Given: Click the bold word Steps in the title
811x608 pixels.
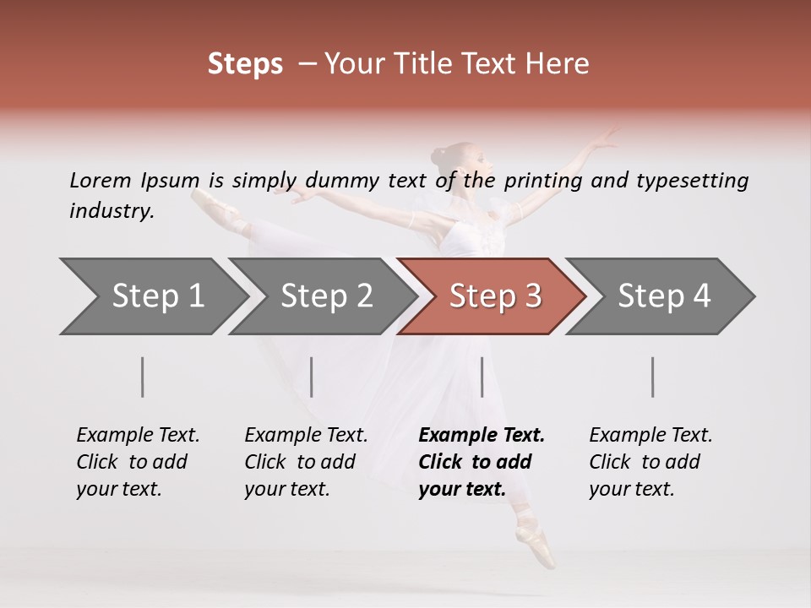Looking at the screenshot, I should [245, 64].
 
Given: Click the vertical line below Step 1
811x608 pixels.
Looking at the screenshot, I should [143, 377].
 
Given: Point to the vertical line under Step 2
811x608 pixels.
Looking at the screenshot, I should [312, 377].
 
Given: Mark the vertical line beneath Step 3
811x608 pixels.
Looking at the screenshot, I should [482, 377].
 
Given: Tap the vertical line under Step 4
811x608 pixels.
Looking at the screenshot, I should [653, 377].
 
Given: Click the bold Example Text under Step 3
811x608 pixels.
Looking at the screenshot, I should [482, 436].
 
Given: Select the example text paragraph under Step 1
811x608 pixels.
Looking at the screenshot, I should [138, 462].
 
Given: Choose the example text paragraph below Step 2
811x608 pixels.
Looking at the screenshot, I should [306, 462].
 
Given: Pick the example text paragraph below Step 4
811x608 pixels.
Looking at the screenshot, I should [650, 462].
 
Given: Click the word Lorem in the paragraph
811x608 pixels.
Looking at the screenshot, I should [101, 181].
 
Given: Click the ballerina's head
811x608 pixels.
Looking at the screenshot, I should [449, 158].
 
